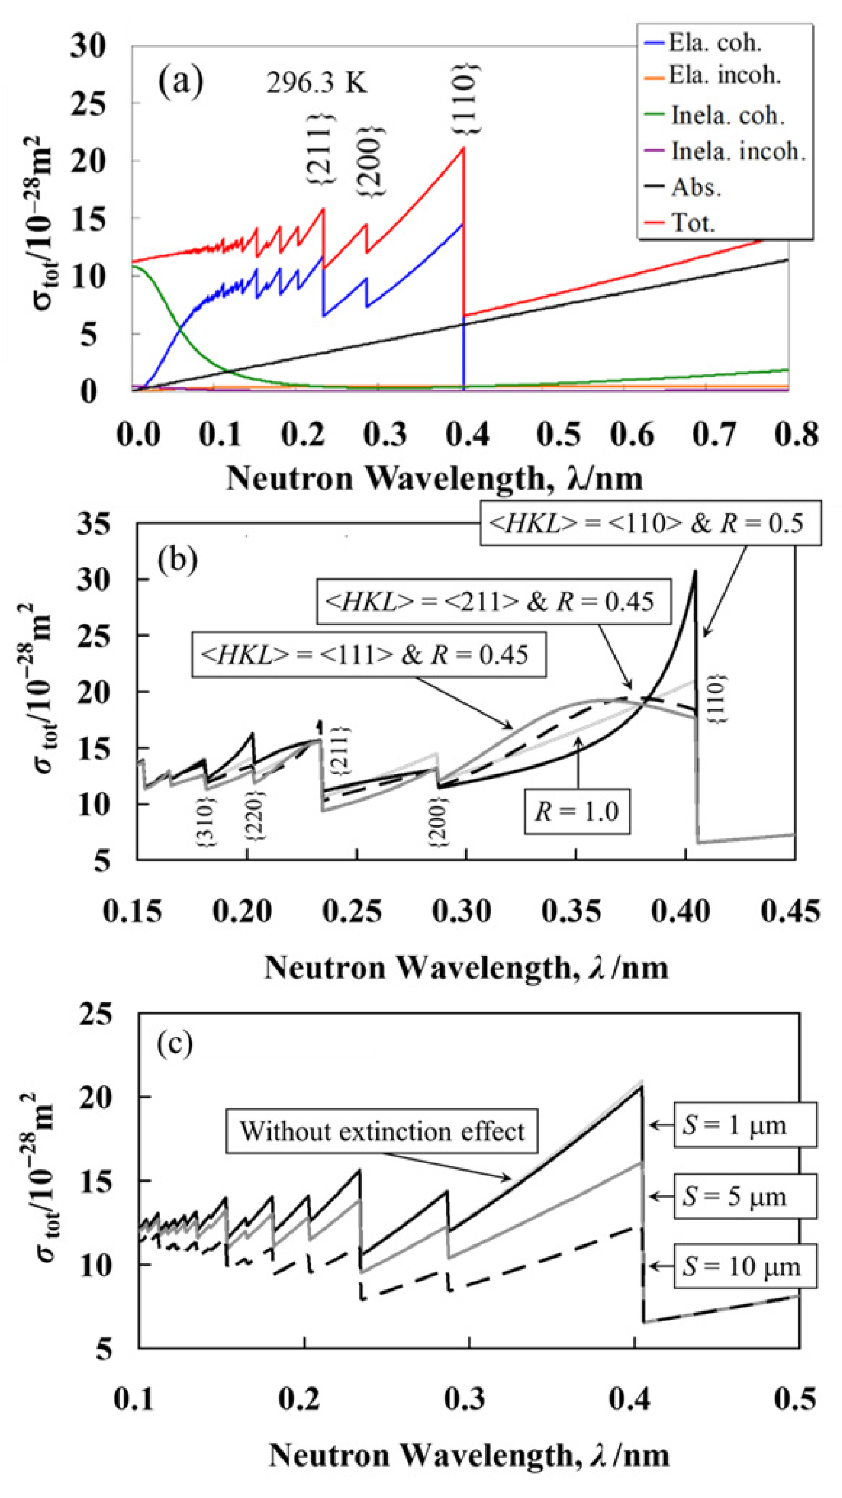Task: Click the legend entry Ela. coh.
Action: [x=715, y=42]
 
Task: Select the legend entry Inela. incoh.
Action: [x=738, y=152]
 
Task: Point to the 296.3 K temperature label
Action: [x=317, y=84]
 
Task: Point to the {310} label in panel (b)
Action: [x=208, y=822]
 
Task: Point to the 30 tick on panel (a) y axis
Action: [x=89, y=46]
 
